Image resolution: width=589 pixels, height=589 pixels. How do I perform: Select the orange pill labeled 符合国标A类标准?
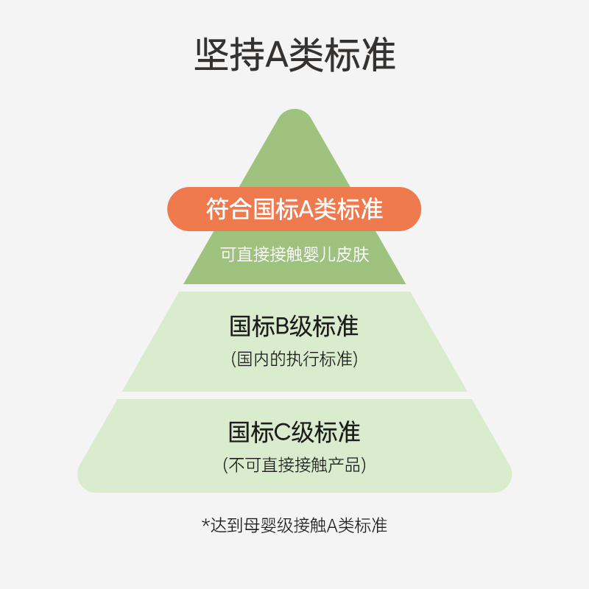(294, 209)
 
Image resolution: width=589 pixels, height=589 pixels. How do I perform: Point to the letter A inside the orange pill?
(305, 209)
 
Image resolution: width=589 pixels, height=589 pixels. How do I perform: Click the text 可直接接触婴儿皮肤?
(294, 255)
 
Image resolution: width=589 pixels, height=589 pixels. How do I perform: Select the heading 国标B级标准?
(294, 327)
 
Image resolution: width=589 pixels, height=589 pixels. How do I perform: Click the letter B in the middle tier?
(283, 327)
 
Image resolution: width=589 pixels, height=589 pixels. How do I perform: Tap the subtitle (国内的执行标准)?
(294, 359)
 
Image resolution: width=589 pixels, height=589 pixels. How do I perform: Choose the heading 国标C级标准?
(294, 432)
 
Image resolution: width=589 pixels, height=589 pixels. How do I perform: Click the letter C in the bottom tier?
(283, 432)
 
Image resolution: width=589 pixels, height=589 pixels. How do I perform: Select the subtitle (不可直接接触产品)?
(294, 465)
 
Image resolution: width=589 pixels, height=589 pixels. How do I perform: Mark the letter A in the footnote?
(331, 525)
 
